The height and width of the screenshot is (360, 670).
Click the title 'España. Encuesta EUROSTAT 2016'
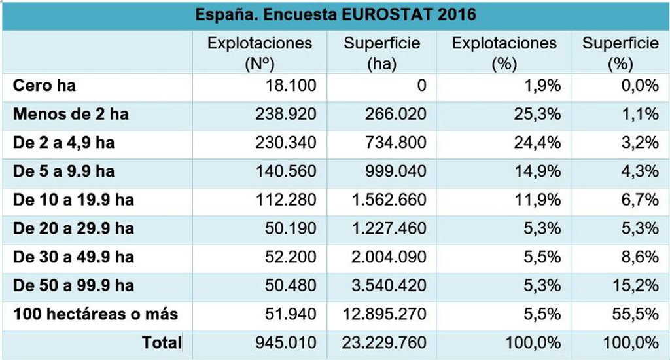tap(336, 14)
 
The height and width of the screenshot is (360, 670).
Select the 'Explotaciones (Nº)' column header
tap(260, 53)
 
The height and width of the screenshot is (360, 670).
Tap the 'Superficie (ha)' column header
tap(382, 53)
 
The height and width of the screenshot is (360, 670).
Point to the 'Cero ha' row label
tap(45, 86)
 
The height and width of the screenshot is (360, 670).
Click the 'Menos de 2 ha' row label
tap(71, 114)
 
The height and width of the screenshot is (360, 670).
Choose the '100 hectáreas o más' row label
tap(96, 314)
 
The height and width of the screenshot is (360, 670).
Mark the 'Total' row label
tap(161, 342)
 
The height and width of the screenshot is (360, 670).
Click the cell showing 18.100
tap(292, 86)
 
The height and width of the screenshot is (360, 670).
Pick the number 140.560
tap(286, 171)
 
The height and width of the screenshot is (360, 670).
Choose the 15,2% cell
tap(638, 285)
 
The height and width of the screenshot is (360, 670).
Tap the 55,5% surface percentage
tap(638, 314)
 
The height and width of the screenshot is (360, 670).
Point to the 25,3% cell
tap(538, 114)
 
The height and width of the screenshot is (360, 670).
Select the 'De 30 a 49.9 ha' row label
tap(74, 257)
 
